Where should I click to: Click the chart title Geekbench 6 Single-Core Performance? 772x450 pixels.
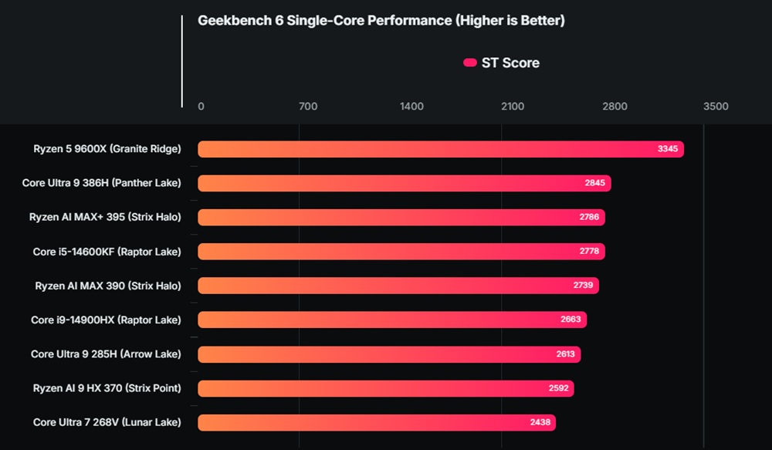381,21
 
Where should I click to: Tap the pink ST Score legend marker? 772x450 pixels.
469,63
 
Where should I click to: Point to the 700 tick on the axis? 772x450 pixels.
307,107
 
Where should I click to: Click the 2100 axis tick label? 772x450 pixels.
513,107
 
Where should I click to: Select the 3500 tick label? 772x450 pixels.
716,107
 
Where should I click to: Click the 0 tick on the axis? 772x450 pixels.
201,107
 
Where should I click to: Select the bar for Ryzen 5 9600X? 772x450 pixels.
440,149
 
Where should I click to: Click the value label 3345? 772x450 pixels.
668,149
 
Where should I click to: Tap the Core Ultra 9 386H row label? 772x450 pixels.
102,183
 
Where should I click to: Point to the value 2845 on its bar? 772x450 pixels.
595,183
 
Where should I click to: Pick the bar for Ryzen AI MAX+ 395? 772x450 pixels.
401,217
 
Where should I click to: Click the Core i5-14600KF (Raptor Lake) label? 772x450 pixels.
107,252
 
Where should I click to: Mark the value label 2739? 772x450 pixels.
583,286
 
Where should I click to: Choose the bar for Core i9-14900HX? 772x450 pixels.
392,320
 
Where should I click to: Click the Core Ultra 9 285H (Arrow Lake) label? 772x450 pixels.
106,354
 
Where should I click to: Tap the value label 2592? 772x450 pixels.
558,388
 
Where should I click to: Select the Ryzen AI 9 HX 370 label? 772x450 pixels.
107,388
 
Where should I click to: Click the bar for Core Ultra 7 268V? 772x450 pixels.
377,422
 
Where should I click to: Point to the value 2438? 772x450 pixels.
540,422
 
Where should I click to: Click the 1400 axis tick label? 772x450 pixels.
411,107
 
